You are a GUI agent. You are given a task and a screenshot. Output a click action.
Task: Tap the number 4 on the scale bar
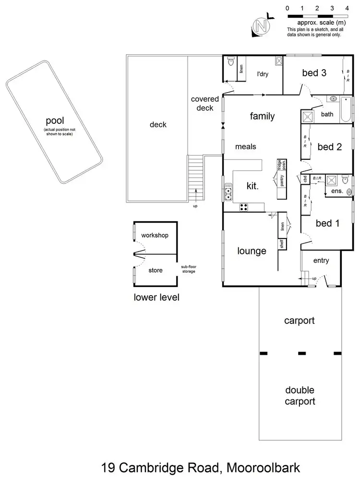[x=347, y=8]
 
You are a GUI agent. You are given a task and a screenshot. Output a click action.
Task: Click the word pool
[x=55, y=120]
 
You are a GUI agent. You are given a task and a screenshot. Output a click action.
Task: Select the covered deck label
[x=205, y=104]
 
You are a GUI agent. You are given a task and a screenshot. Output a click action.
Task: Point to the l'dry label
[x=262, y=74]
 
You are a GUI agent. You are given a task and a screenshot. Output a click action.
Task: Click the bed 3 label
[x=314, y=73]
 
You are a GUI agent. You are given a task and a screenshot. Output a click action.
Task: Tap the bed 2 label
[x=329, y=147]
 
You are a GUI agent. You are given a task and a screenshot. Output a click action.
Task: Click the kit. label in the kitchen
[x=252, y=186]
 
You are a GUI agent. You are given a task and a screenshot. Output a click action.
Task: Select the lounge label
[x=252, y=251]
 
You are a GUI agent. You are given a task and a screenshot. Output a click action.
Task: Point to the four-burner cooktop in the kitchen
[x=244, y=207]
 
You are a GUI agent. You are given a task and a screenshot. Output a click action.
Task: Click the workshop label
[x=155, y=236]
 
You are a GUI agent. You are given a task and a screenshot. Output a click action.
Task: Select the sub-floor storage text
[x=188, y=270]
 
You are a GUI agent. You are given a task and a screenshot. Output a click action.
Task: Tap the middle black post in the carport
[x=302, y=354]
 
